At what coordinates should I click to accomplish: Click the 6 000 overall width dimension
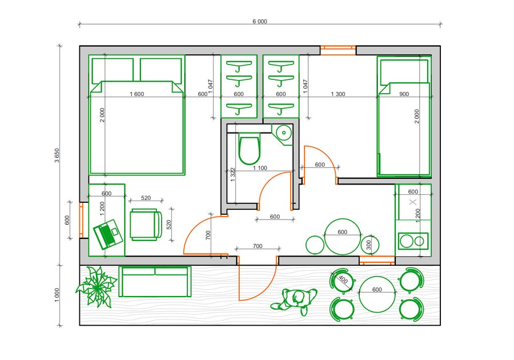point(260,22)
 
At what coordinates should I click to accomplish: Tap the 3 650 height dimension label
point(57,155)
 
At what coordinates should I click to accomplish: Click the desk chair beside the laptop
point(146,225)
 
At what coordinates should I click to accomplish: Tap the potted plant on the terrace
point(97,286)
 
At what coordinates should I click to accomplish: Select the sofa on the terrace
point(155,282)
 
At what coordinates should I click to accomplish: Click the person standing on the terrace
point(294,301)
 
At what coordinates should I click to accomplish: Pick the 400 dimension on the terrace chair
point(343,279)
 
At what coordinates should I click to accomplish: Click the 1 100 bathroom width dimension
point(260,168)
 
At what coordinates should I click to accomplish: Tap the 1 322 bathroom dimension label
point(233,175)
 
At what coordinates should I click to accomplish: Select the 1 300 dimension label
point(338,94)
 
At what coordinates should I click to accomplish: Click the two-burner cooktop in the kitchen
point(413,241)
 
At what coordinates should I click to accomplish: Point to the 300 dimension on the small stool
point(368,245)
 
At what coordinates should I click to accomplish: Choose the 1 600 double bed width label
point(136,94)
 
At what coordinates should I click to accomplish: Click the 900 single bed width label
point(404,94)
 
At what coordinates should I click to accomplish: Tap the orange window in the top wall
point(338,50)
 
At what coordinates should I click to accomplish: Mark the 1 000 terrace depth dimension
point(57,295)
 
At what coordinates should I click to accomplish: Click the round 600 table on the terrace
point(377,294)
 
